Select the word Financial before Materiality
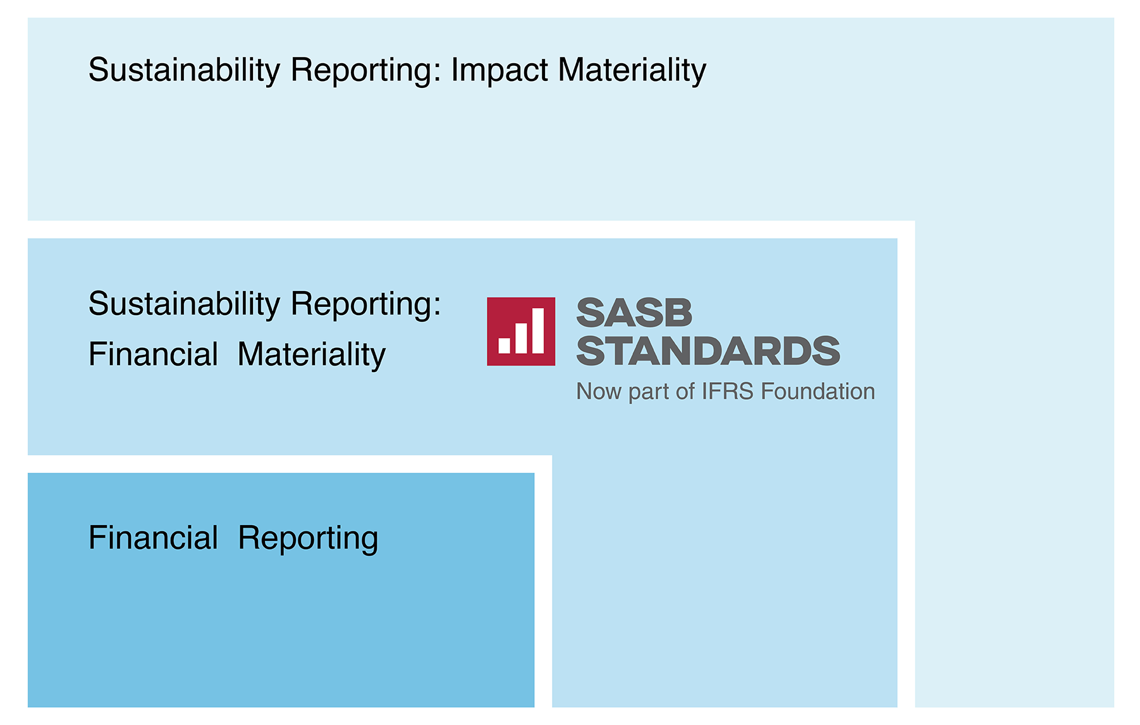[x=153, y=354]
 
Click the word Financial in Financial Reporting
[x=153, y=538]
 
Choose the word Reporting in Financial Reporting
[x=308, y=539]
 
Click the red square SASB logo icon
[x=521, y=332]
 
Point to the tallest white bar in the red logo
[x=538, y=330]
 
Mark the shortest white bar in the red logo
[x=505, y=345]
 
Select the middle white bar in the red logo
[x=521, y=338]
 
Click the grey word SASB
[x=634, y=313]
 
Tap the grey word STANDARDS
[x=708, y=351]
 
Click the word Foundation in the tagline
[x=818, y=392]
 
